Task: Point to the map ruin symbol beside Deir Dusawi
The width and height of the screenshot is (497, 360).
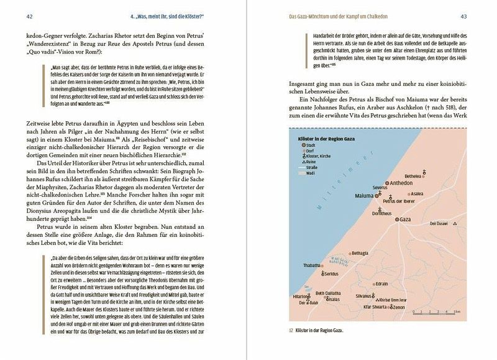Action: pos(455,224)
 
